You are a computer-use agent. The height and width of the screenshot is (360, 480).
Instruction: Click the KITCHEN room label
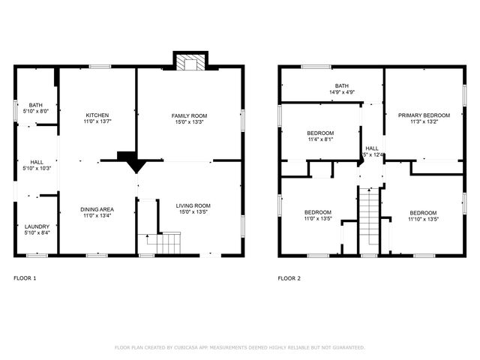point(97,115)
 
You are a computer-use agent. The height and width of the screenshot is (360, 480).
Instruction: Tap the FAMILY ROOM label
point(189,115)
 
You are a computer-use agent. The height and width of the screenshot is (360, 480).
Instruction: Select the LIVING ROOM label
point(193,205)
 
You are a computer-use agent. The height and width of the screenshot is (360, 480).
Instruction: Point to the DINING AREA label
point(97,209)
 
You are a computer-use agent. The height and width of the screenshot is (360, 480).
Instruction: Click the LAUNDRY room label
point(36,226)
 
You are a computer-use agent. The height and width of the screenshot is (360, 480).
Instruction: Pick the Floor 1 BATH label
point(36,105)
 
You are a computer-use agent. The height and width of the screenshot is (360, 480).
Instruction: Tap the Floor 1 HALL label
point(36,161)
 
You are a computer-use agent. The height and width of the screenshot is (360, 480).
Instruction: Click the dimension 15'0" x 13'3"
point(189,122)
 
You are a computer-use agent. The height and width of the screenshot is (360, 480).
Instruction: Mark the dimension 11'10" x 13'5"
point(423,219)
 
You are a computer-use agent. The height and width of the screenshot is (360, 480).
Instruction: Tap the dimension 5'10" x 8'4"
point(36,233)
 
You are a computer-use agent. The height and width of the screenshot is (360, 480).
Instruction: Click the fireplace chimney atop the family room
point(189,61)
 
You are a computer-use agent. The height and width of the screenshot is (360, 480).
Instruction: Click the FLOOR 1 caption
point(25,278)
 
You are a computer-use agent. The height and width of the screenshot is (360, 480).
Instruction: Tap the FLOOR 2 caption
point(289,278)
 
